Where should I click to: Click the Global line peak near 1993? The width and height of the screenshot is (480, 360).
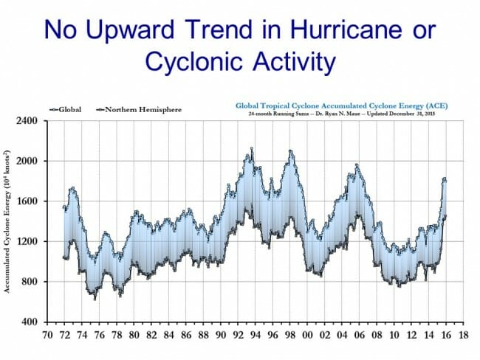(252, 149)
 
